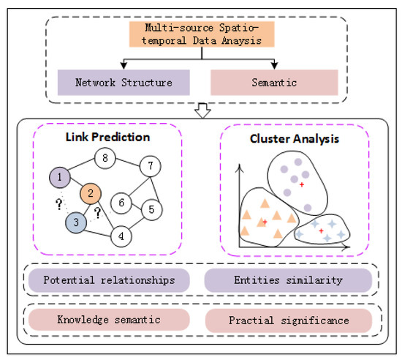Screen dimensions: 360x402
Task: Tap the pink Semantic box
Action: (x=276, y=82)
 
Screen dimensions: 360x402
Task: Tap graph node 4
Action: (x=121, y=236)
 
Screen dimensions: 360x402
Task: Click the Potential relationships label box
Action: (x=109, y=280)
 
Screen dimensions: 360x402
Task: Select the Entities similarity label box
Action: (x=288, y=280)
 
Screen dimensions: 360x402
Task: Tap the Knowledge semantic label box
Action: (x=109, y=320)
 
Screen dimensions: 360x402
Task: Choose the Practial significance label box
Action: (x=289, y=320)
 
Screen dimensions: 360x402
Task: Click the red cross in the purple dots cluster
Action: (x=301, y=184)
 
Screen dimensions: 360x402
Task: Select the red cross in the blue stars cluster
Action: (x=321, y=230)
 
